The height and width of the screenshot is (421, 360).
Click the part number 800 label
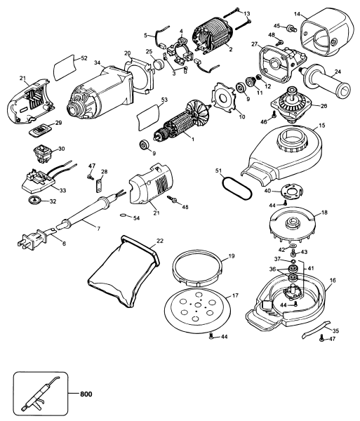[x=86, y=394]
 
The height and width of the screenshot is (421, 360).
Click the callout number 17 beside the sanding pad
[x=235, y=295]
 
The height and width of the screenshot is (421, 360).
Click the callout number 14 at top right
[x=297, y=14]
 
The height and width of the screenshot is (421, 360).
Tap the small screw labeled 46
[x=274, y=114]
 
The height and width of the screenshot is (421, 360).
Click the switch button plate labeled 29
[x=40, y=131]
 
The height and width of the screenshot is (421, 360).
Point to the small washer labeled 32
[x=34, y=200]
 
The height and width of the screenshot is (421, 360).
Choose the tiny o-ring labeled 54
[x=124, y=215]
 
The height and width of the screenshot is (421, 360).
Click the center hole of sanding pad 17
[x=197, y=305]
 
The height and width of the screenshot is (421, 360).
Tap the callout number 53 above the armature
[x=164, y=100]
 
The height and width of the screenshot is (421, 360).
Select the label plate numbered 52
[x=65, y=67]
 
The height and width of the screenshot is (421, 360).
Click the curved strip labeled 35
[x=316, y=328]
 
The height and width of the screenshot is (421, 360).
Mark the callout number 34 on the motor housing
[x=97, y=62]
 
